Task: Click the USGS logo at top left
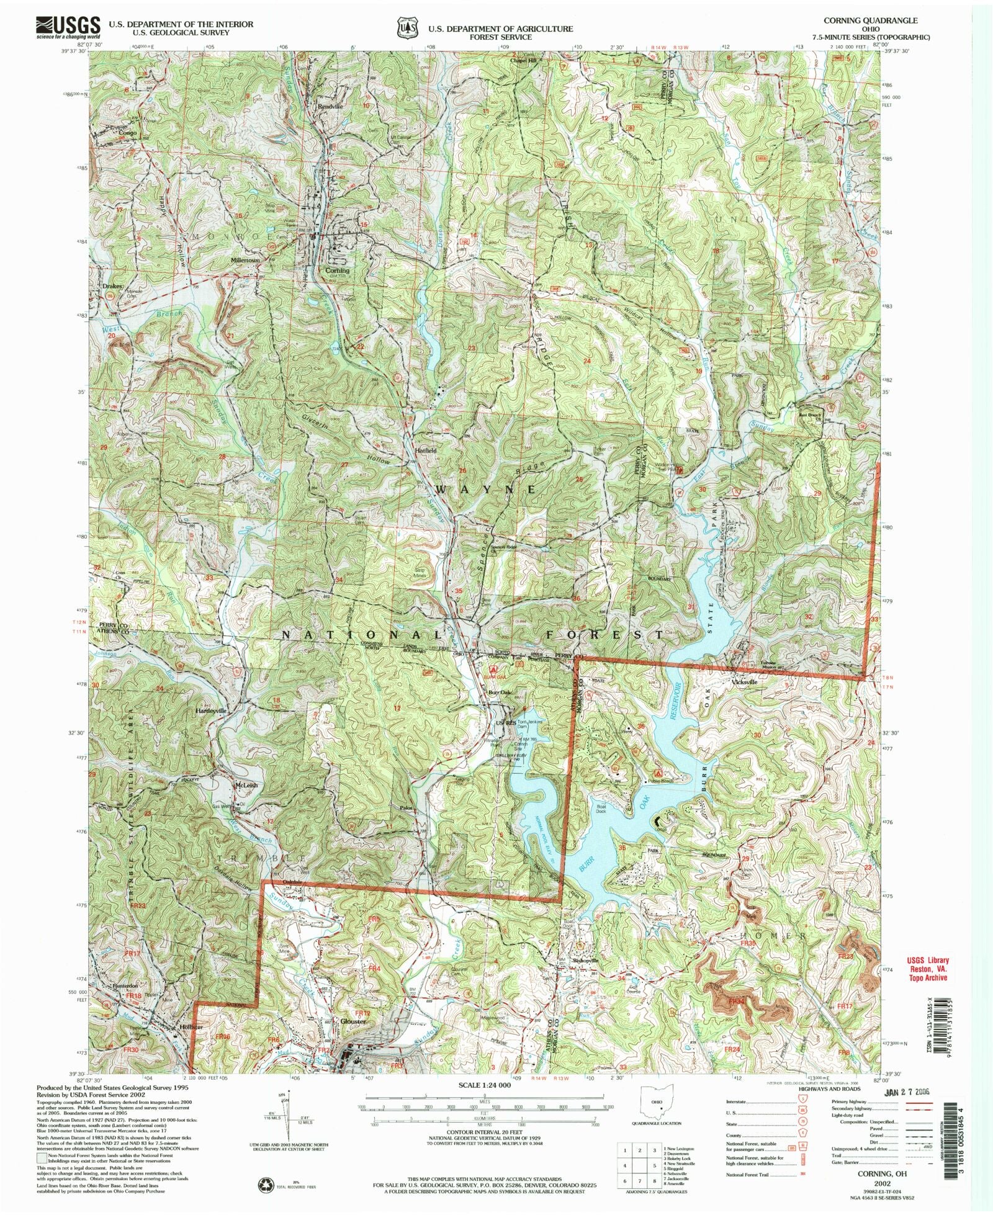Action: click(68, 27)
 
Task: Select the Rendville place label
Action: click(330, 106)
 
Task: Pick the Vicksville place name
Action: click(745, 682)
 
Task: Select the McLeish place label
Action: click(246, 785)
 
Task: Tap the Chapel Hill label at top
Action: click(523, 60)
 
